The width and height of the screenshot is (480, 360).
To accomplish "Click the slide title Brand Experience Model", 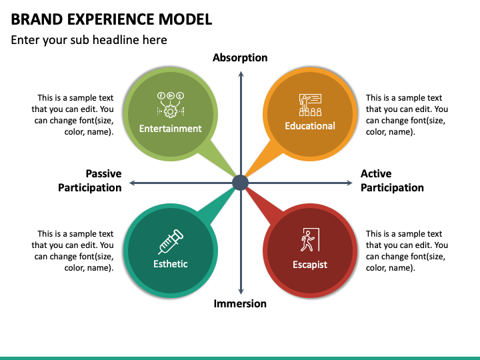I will (111, 19).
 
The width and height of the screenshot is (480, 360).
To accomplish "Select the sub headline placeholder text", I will (89, 40).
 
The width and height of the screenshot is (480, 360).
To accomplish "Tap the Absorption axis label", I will (240, 58).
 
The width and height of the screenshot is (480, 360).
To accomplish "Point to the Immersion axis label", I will (240, 304).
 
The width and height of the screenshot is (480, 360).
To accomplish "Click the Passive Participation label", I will (90, 181).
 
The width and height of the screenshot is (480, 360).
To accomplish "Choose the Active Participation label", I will (392, 181).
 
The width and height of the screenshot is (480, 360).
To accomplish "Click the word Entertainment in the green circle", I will (171, 129).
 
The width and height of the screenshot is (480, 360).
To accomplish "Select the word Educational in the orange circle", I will (310, 126).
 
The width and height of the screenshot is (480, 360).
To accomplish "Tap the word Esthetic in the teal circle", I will (171, 264).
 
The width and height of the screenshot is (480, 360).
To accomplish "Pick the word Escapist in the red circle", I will (310, 265).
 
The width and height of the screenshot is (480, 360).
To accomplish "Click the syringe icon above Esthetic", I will (171, 241).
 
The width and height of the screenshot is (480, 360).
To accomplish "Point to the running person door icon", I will (309, 241).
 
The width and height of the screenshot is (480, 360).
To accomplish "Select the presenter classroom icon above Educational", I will (310, 105).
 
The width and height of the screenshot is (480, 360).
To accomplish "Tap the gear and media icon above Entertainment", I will (171, 105).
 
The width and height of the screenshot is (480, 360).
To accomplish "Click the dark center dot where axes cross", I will (240, 183).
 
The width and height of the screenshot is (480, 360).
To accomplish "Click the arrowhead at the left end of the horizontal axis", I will (133, 183).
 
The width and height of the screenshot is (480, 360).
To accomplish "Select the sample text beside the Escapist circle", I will (407, 251).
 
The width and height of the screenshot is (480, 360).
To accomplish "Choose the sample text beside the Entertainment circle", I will (73, 115).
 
